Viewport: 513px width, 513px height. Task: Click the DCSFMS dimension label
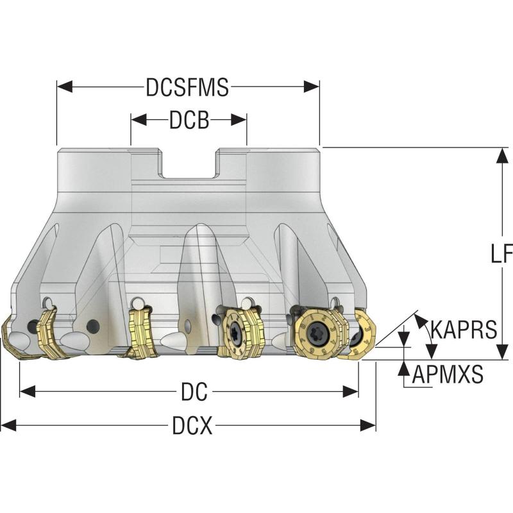tap(187, 87)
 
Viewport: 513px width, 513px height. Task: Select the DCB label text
tap(189, 120)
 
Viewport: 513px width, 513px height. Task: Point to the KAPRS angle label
tap(464, 330)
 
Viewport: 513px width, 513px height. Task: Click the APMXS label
tap(448, 374)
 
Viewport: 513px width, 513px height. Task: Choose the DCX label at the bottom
tap(192, 425)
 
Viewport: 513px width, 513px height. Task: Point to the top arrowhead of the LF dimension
tap(500, 155)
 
